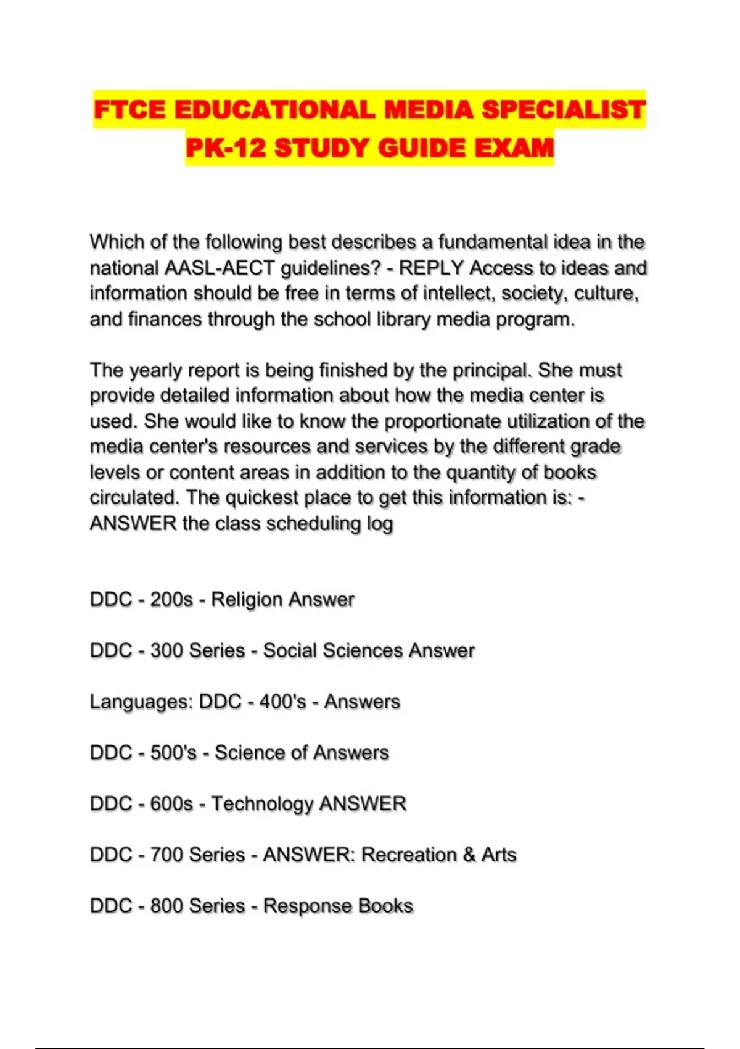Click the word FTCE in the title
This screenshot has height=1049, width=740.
click(129, 110)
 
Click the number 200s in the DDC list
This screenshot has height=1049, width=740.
click(171, 600)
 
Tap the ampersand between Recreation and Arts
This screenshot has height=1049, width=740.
click(469, 855)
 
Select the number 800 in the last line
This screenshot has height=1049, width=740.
click(166, 906)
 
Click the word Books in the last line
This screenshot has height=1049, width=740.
click(385, 906)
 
